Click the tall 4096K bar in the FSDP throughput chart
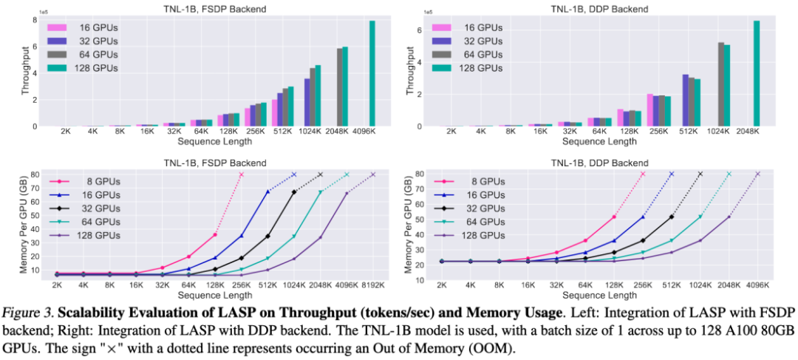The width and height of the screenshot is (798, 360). tap(372, 74)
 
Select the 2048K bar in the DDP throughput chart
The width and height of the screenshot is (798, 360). tap(757, 74)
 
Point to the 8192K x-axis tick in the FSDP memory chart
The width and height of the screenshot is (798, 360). tap(373, 284)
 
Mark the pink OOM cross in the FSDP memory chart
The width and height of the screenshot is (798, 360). tap(241, 174)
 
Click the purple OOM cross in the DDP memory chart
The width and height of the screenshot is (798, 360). tap(757, 174)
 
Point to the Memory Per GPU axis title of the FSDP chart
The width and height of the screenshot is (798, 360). tap(26, 223)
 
